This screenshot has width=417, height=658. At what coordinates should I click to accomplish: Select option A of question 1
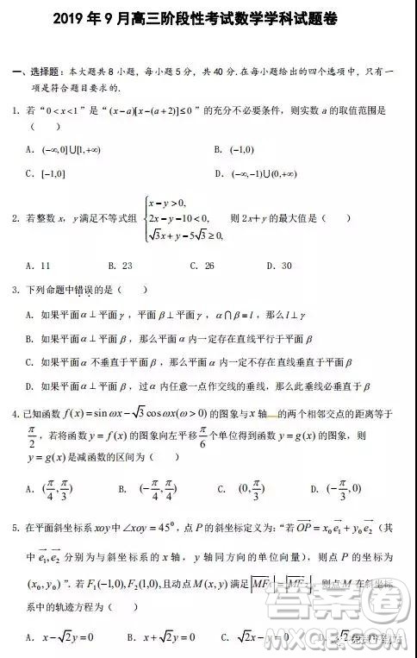click(59, 149)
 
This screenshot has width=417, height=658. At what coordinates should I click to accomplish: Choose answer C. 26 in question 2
click(202, 266)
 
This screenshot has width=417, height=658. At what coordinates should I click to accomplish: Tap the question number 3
click(16, 290)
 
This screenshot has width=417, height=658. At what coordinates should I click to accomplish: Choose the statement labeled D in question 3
click(198, 385)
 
